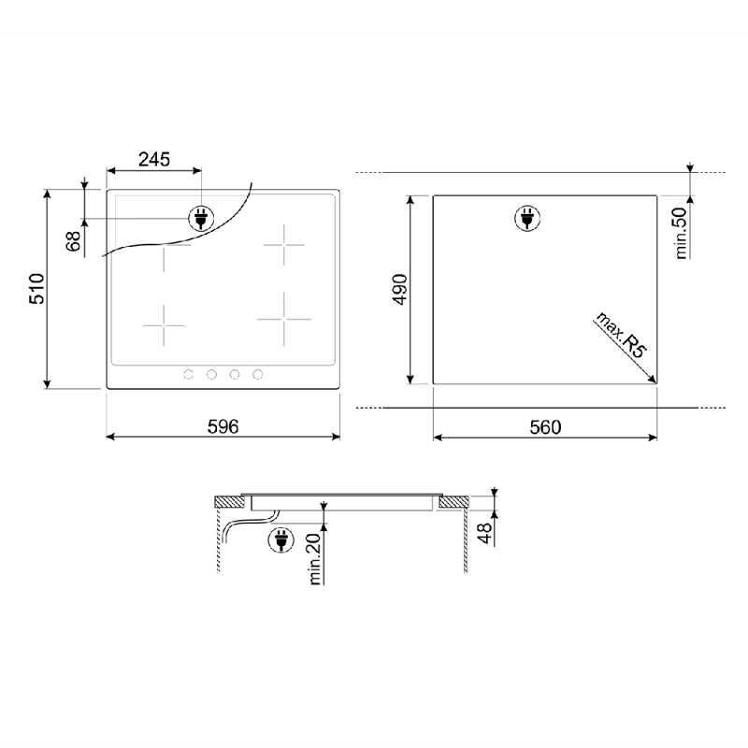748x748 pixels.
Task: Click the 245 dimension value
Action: point(154,159)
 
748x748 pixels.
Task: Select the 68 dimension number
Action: point(74,241)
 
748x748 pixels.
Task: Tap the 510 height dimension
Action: point(36,289)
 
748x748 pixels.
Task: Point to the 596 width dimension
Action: point(223,426)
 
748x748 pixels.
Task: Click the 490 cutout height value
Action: point(400,289)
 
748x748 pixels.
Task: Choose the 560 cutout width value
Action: point(545,427)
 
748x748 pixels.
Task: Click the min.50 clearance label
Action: point(681,233)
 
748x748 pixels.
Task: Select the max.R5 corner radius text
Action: point(621,335)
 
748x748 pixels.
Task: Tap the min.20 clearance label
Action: point(315,558)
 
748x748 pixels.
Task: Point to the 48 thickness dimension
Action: point(484,533)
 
